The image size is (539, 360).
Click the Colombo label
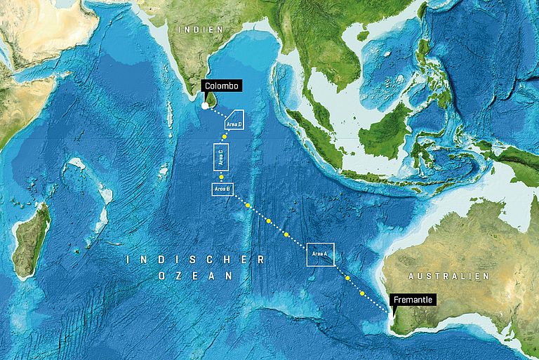pyautogui.click(x=222, y=86)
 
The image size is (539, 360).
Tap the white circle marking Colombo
pyautogui.click(x=204, y=106)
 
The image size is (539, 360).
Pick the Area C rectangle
pyautogui.click(x=220, y=157)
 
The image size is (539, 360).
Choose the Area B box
pyautogui.click(x=222, y=189)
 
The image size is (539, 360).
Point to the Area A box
pyautogui.click(x=320, y=253)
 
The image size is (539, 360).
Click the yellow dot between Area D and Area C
pyautogui.click(x=225, y=136)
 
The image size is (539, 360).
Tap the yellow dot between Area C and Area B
pyautogui.click(x=222, y=178)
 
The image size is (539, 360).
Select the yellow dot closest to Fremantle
pyautogui.click(x=362, y=293)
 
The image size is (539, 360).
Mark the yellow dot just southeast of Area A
pyautogui.click(x=347, y=278)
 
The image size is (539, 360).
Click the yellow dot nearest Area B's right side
pyautogui.click(x=248, y=205)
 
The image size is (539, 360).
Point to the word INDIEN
pyautogui.click(x=200, y=29)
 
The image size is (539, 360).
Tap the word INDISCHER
pyautogui.click(x=196, y=260)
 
